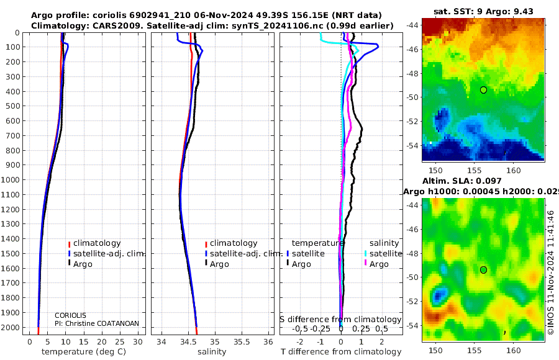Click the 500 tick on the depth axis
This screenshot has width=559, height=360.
(14, 106)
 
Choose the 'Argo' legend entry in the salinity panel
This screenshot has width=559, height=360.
(219, 264)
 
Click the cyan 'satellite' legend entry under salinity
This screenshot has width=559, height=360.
(385, 254)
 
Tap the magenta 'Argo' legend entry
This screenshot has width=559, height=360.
(379, 264)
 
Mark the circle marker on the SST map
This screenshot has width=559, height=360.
(483, 90)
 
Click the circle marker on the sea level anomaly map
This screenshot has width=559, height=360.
(483, 269)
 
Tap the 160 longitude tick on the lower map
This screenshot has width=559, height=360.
(514, 351)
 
